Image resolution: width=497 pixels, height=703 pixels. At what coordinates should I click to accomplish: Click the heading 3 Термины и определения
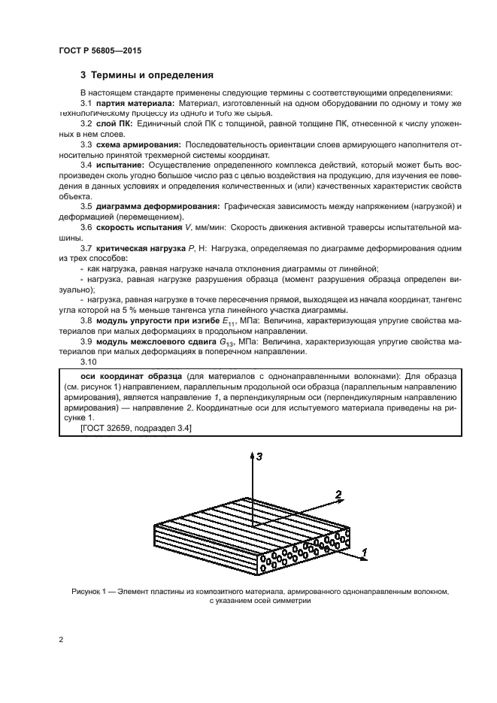pos(147,75)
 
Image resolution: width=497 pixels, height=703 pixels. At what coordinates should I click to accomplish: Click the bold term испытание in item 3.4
pos(121,163)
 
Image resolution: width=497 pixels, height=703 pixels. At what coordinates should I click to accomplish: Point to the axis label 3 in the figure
pos(259,456)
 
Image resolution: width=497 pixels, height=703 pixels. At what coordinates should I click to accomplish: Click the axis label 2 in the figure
pos(339,495)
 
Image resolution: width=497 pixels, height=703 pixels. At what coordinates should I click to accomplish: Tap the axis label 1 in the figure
pos(364,553)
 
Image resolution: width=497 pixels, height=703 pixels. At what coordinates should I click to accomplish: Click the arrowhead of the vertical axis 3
pos(250,455)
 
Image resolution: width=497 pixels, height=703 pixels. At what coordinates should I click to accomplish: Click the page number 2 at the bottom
pos(61,641)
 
